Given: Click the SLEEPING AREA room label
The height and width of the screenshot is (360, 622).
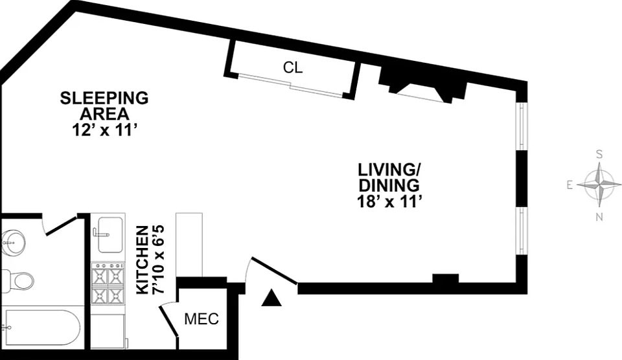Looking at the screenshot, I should (104, 106).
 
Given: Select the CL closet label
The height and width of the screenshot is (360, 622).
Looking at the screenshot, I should (293, 67).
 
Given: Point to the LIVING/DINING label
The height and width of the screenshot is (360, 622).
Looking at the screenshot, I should (389, 177).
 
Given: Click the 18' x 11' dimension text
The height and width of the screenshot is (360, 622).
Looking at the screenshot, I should (389, 201).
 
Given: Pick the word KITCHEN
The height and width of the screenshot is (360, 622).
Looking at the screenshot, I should (142, 260).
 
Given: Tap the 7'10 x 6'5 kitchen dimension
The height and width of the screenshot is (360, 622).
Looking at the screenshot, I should (159, 260).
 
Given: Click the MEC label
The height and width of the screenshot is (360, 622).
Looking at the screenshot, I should (202, 319).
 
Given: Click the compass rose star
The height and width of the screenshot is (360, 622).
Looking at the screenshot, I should (599, 185).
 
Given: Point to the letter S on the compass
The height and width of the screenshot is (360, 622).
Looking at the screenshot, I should (599, 154).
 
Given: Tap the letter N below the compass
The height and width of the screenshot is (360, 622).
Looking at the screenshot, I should (599, 216).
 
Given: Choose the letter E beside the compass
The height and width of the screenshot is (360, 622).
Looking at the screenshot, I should (570, 185).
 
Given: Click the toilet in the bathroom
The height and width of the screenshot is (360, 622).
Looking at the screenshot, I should (19, 280).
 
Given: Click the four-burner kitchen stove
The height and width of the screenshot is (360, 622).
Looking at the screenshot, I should (108, 284).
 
